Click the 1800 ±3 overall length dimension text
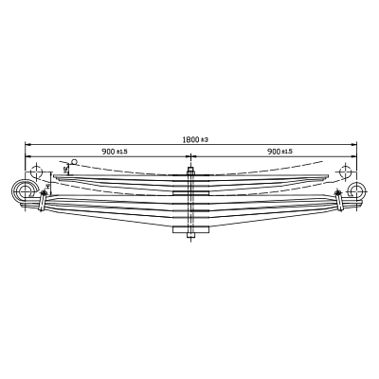[195, 139]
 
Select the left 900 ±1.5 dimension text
[115, 152]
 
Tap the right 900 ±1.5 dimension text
[280, 152]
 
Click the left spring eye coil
[23, 190]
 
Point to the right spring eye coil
[357, 190]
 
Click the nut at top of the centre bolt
[190, 171]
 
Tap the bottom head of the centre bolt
[190, 235]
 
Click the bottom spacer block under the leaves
[190, 229]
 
